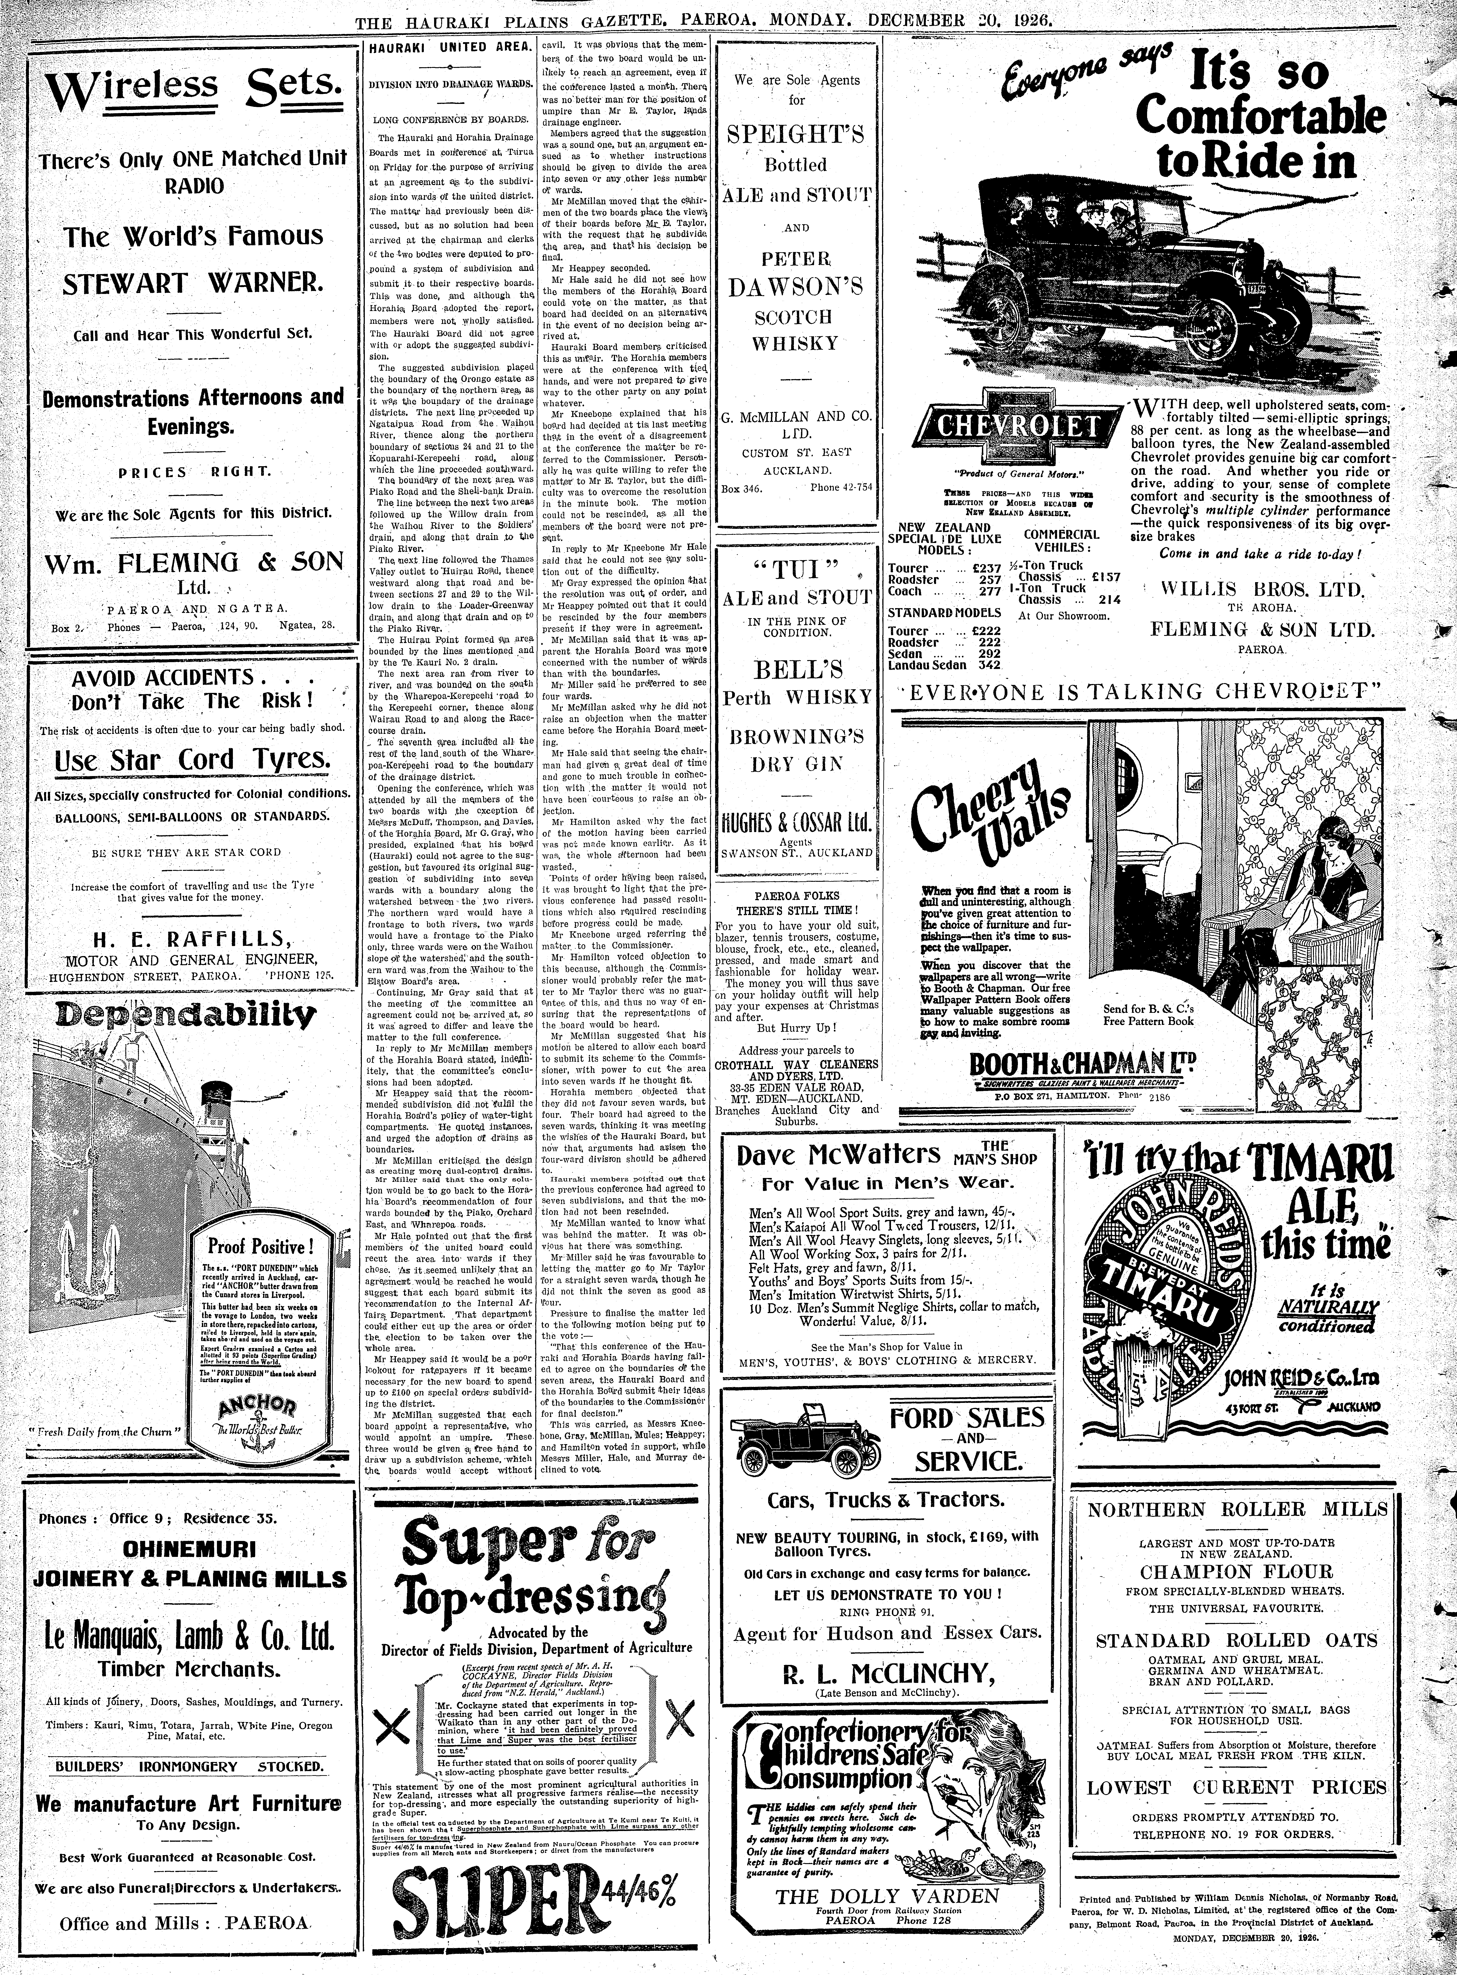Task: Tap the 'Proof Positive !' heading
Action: (x=260, y=1247)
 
